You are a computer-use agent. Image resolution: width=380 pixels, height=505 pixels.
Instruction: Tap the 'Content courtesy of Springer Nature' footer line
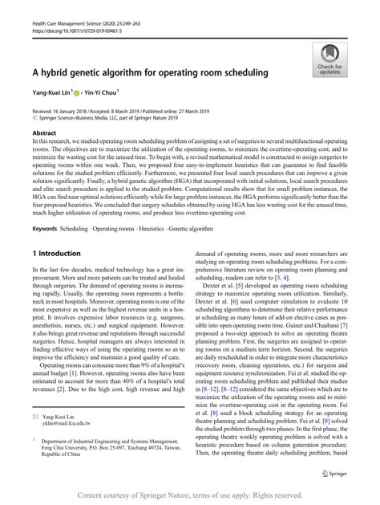click(190, 495)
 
